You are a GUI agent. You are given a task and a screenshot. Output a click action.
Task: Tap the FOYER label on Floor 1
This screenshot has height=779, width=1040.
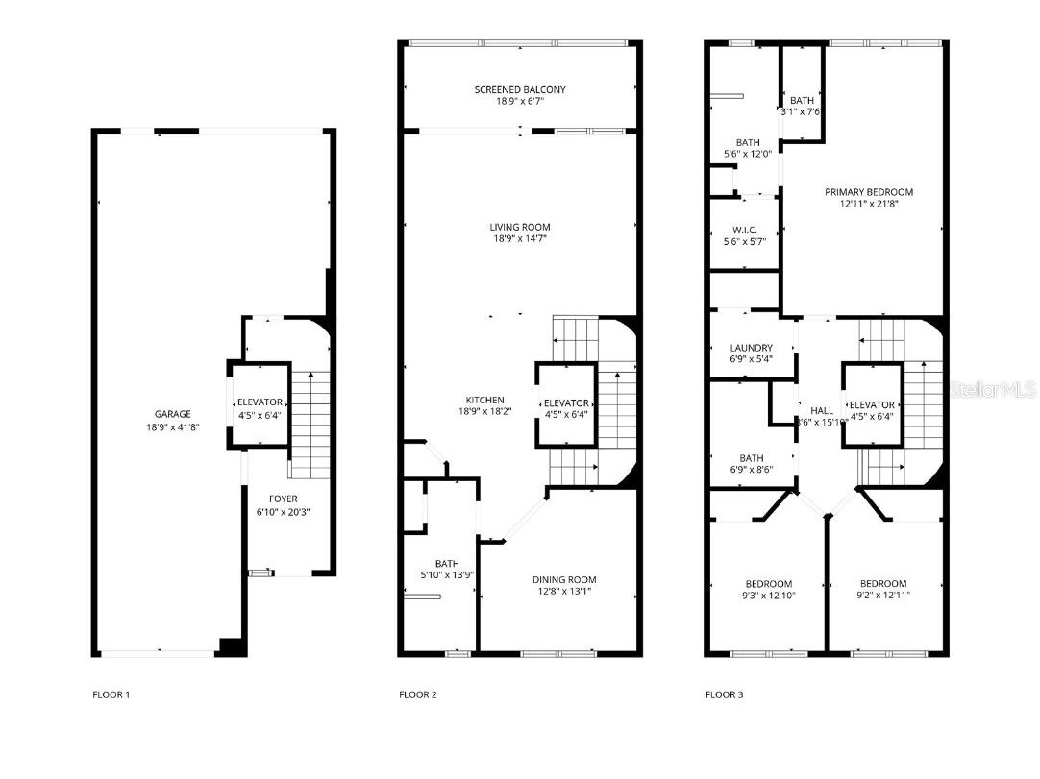click(283, 499)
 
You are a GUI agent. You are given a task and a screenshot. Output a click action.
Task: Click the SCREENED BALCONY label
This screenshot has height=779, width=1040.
click(520, 89)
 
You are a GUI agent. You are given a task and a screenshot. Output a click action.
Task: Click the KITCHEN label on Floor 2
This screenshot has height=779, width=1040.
click(485, 400)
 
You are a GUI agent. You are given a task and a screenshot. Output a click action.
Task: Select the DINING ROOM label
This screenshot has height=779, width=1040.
click(564, 579)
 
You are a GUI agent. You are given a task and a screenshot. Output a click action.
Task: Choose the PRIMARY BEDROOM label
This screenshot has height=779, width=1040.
click(869, 192)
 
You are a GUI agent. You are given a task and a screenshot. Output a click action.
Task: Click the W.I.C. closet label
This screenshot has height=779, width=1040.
click(744, 230)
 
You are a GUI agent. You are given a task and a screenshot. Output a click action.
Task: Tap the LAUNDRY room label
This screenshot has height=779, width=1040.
click(751, 348)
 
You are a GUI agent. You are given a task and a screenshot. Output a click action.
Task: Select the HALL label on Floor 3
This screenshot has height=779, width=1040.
click(821, 409)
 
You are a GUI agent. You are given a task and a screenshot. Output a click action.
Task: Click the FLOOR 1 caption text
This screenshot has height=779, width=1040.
click(111, 694)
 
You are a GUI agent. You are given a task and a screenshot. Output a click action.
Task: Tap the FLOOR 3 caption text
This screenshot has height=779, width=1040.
click(724, 694)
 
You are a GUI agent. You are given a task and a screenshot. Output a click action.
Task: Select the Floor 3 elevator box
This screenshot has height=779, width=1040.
click(872, 404)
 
